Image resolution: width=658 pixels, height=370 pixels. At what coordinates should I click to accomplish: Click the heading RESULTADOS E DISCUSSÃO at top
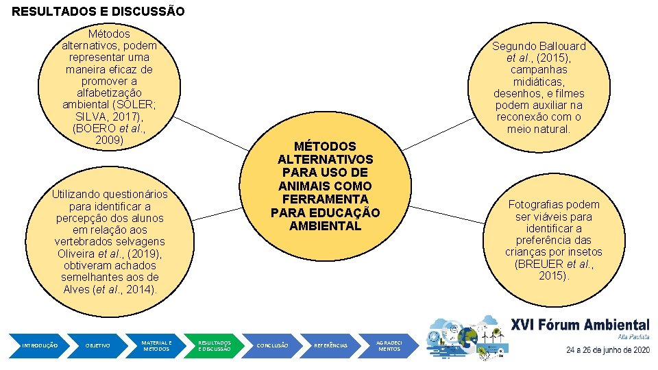pyautogui.click(x=98, y=12)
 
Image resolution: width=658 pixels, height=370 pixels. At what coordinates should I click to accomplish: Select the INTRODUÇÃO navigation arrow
pyautogui.click(x=40, y=345)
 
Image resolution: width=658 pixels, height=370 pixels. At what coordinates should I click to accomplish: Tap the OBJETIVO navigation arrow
pyautogui.click(x=97, y=345)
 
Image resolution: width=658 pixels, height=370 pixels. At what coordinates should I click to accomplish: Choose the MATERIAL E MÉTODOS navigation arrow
pyautogui.click(x=156, y=345)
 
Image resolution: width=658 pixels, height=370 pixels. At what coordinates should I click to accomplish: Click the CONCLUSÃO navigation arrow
pyautogui.click(x=271, y=345)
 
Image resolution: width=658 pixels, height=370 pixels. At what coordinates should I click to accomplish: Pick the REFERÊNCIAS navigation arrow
pyautogui.click(x=330, y=345)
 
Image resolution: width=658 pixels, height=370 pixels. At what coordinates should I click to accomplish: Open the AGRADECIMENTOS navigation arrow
pyautogui.click(x=389, y=345)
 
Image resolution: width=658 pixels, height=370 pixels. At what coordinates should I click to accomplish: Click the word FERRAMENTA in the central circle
pyautogui.click(x=325, y=199)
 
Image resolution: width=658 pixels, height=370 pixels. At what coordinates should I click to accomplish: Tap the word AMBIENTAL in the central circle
pyautogui.click(x=325, y=225)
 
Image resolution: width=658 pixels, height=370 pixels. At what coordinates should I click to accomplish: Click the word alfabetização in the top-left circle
pyautogui.click(x=110, y=93)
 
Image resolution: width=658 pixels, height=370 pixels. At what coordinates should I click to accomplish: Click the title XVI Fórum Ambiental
pyautogui.click(x=580, y=325)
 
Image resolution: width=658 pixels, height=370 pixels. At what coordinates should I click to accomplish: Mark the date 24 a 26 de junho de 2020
pyautogui.click(x=607, y=349)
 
